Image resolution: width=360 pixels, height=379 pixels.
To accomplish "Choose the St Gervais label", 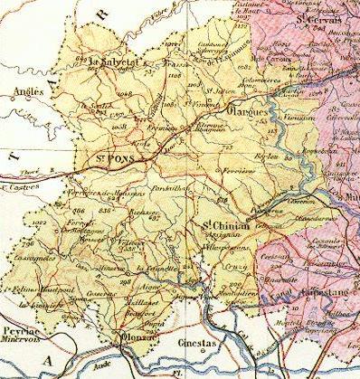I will pyautogui.click(x=314, y=14).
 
